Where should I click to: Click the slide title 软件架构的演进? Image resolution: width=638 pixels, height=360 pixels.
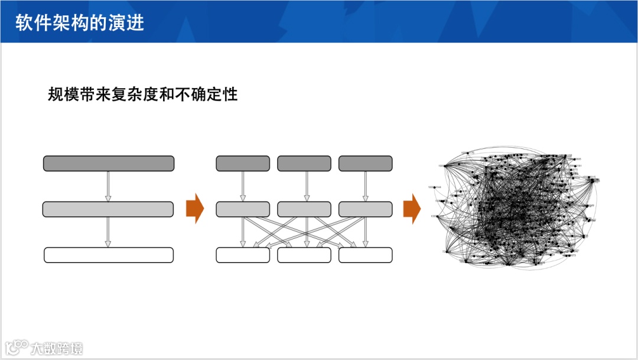pos(80,22)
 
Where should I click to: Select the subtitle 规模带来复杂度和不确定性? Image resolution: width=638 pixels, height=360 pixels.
pos(142,94)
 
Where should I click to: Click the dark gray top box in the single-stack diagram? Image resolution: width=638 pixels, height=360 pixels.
pos(109,164)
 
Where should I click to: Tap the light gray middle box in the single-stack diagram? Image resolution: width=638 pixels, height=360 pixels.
pos(108,209)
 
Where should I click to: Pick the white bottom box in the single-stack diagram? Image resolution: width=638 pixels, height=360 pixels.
pos(109,255)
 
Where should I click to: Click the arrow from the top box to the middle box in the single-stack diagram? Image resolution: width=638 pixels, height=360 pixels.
pos(108,186)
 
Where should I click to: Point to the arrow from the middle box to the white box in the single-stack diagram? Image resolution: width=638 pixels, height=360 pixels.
pos(108,232)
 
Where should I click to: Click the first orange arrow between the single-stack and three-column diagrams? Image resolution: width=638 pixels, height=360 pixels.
pos(195,209)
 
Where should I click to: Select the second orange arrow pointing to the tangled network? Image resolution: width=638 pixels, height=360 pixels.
pos(412,209)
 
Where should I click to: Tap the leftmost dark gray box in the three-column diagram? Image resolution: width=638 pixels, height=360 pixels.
pos(243,164)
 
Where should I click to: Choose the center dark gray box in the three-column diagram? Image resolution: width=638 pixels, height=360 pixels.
pos(304,164)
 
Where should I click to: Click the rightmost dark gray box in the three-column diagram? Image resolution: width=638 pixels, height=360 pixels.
pos(366,164)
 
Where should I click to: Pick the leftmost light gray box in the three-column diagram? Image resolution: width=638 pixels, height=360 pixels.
pos(243,209)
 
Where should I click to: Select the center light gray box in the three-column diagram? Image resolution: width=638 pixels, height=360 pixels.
pos(304,209)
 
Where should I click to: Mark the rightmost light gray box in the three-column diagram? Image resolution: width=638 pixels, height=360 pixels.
pos(366,209)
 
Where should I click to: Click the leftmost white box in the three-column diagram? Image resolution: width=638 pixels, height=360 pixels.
pos(243,255)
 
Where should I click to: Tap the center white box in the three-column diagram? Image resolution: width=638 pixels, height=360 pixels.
pos(304,255)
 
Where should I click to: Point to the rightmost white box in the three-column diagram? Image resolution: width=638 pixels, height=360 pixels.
pos(366,255)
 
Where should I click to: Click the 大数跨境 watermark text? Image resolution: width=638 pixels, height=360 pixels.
pos(57,348)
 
